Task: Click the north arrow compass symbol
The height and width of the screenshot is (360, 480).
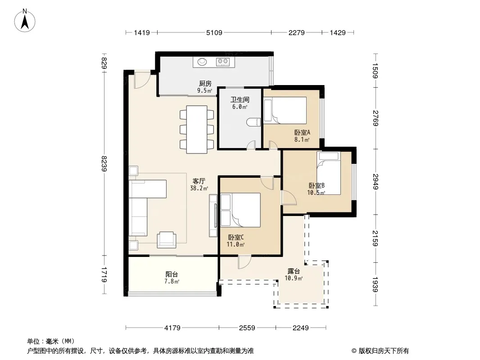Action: pyautogui.click(x=25, y=20)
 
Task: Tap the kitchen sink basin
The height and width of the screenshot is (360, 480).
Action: pyautogui.click(x=202, y=62)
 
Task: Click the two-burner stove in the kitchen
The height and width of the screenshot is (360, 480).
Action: pyautogui.click(x=223, y=62)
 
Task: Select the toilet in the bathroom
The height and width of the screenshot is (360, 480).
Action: pyautogui.click(x=253, y=122)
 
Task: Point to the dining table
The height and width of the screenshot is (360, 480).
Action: pyautogui.click(x=197, y=130)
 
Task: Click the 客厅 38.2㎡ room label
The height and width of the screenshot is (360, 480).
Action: pyautogui.click(x=199, y=184)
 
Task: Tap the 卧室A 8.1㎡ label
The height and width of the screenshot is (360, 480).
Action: pyautogui.click(x=302, y=136)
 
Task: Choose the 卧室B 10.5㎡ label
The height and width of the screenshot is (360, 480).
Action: pyautogui.click(x=316, y=189)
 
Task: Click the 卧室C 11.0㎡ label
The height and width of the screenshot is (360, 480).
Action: pyautogui.click(x=235, y=241)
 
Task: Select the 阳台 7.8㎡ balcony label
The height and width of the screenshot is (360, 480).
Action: pyautogui.click(x=172, y=278)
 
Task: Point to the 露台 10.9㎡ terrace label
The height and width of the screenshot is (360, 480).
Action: pyautogui.click(x=294, y=274)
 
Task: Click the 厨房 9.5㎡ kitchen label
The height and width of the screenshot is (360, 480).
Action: pyautogui.click(x=205, y=87)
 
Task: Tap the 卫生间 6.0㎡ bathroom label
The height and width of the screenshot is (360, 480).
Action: pyautogui.click(x=240, y=103)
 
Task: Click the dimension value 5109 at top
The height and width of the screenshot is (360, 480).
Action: pyautogui.click(x=214, y=32)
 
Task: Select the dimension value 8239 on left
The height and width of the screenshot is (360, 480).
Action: pyautogui.click(x=104, y=164)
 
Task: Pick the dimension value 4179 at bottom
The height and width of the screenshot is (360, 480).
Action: pyautogui.click(x=172, y=328)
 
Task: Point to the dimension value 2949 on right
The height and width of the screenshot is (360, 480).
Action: pyautogui.click(x=376, y=182)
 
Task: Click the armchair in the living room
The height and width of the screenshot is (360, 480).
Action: pyautogui.click(x=167, y=240)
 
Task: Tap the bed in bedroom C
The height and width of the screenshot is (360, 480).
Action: pyautogui.click(x=240, y=210)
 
